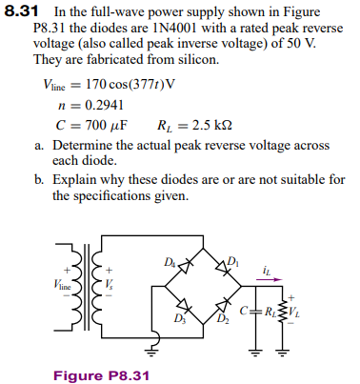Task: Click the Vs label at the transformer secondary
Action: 110,284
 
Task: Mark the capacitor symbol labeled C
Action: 260,311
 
